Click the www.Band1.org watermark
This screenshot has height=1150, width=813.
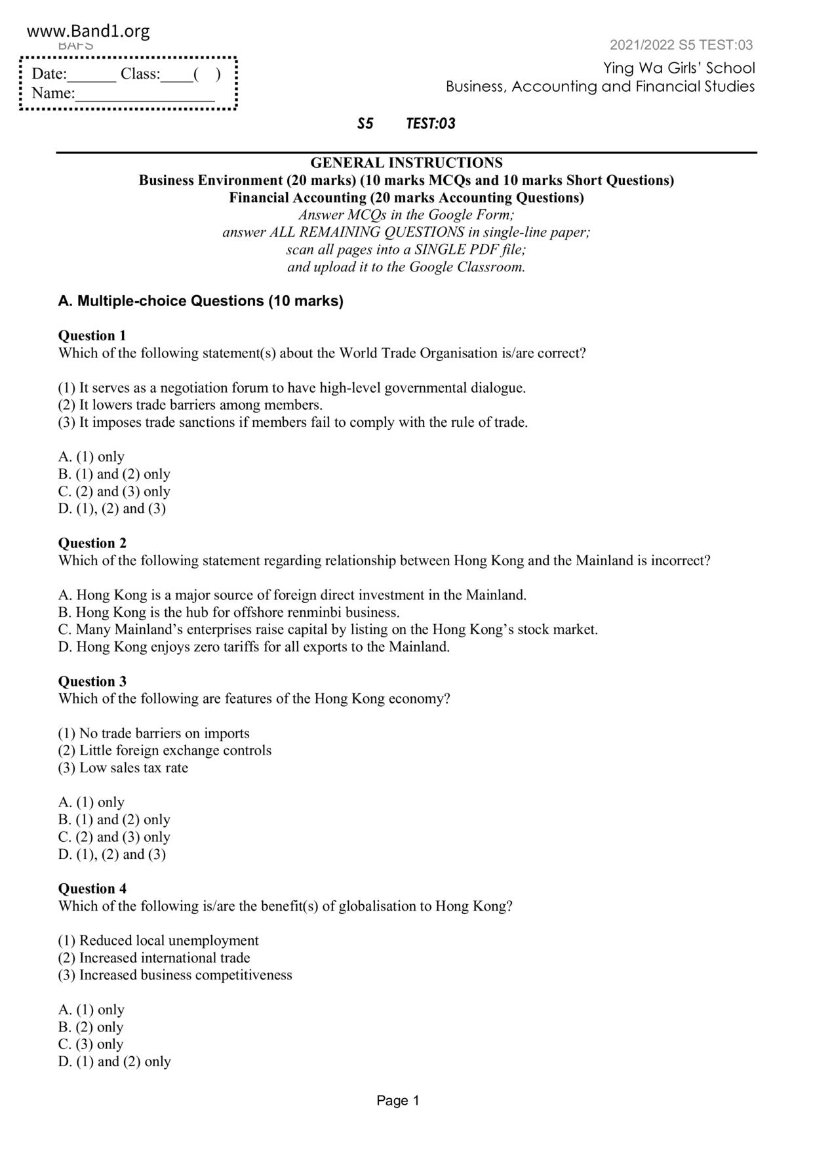(x=89, y=31)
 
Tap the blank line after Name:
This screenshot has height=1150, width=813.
(x=145, y=95)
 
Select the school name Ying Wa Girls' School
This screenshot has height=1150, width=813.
(x=679, y=68)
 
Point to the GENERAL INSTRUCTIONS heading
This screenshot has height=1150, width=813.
(x=406, y=163)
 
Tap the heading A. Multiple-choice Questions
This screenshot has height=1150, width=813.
(x=201, y=301)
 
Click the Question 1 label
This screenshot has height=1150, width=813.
(x=92, y=336)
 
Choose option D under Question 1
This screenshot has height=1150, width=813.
(x=112, y=509)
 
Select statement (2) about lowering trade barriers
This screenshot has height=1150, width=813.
(x=190, y=405)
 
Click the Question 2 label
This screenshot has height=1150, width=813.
(x=92, y=543)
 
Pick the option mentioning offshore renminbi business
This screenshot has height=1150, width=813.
(x=229, y=612)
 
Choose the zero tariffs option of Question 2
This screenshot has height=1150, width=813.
(x=254, y=647)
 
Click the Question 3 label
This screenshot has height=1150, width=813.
(x=92, y=681)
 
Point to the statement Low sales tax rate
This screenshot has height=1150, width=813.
(x=123, y=768)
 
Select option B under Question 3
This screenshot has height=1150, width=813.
(x=114, y=820)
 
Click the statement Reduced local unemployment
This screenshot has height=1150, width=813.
(x=159, y=941)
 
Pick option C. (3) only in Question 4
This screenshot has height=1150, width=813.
(x=90, y=1044)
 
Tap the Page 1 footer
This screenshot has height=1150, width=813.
(x=397, y=1101)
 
